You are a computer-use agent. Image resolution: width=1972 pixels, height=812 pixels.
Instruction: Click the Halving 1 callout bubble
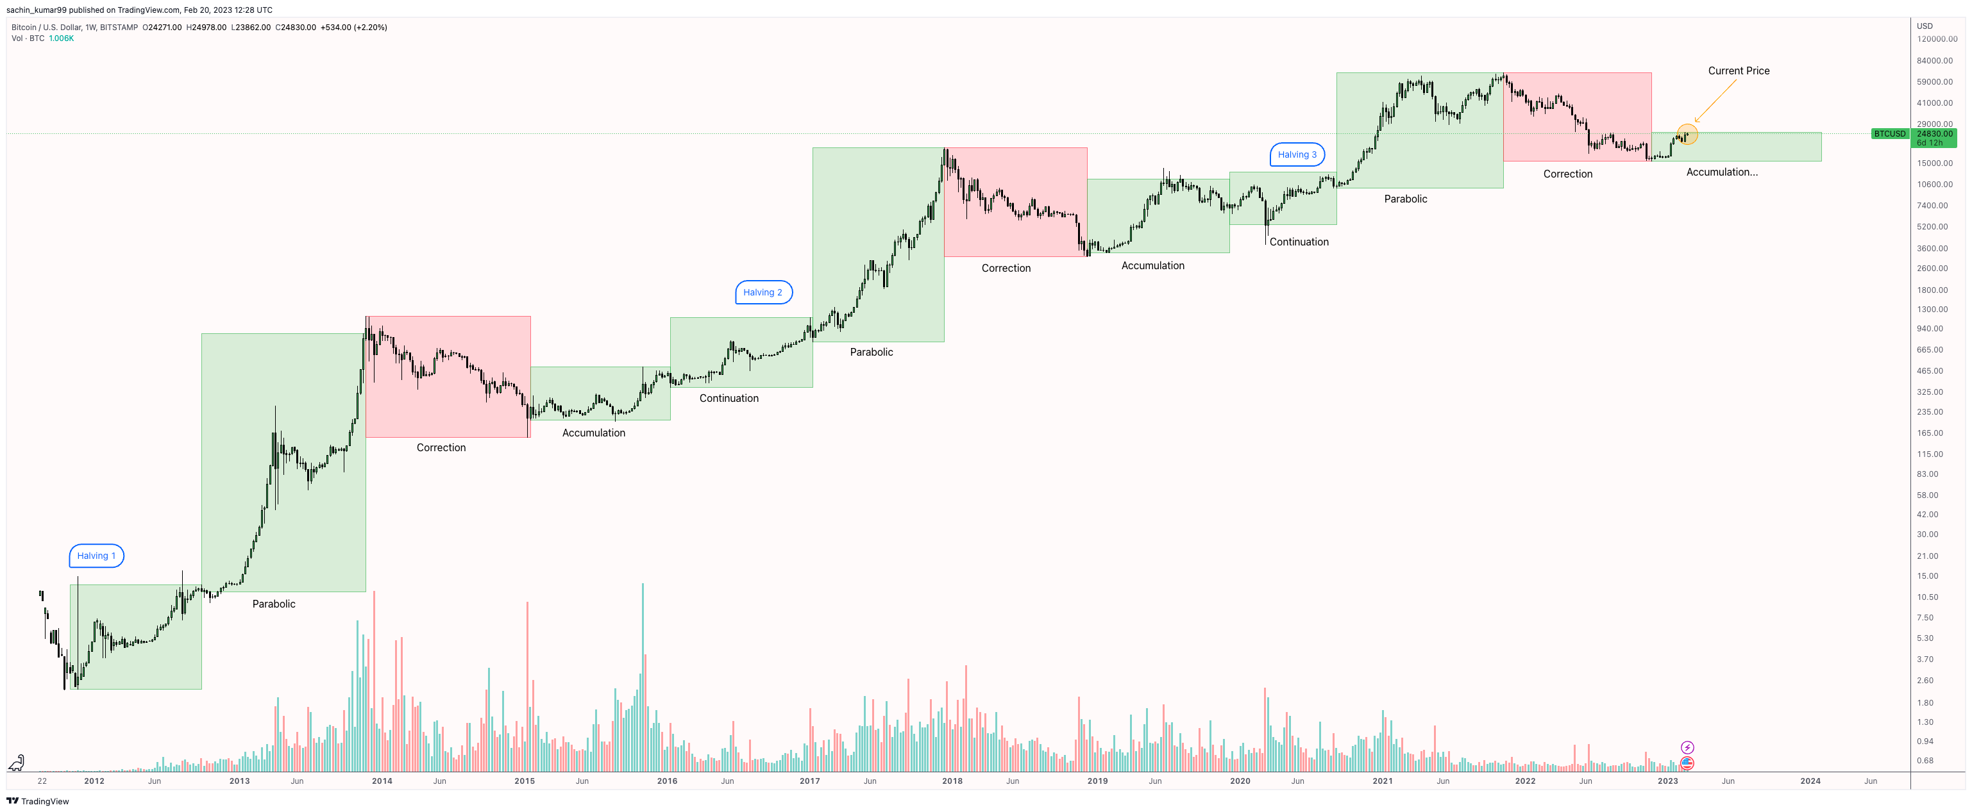[96, 556]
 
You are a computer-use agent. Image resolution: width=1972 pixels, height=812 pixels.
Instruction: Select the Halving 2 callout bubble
[763, 292]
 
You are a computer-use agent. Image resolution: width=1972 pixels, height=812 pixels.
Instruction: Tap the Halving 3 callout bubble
[1297, 154]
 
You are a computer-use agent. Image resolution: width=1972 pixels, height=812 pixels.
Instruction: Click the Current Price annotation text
[1738, 70]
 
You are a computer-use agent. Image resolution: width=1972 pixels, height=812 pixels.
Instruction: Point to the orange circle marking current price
[1687, 135]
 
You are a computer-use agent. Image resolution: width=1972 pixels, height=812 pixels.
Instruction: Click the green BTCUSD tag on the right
[1889, 134]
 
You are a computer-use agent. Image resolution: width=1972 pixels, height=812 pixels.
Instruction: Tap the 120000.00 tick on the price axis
[1936, 39]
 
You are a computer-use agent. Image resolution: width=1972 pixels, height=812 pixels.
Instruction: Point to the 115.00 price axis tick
[1929, 454]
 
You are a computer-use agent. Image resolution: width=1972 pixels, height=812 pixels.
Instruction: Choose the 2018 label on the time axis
[952, 781]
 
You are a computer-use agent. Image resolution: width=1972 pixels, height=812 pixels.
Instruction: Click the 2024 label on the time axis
[1810, 781]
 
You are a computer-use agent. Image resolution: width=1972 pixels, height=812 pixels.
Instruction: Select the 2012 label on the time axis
[94, 781]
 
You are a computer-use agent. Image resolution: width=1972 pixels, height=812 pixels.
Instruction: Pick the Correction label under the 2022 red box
[1567, 174]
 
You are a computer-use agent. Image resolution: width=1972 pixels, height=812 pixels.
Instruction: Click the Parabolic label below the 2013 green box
[273, 604]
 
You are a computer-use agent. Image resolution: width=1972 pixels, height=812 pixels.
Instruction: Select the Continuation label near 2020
[1299, 242]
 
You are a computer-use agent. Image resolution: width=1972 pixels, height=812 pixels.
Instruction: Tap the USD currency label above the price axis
[1924, 26]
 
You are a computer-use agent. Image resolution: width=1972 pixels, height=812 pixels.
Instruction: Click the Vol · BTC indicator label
[28, 38]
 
